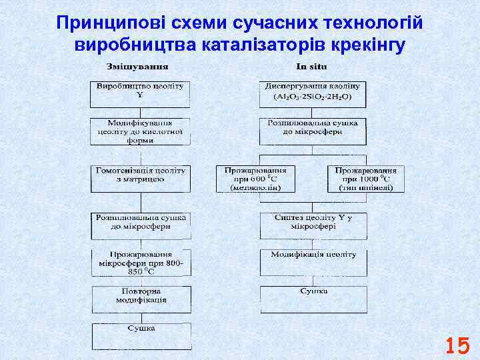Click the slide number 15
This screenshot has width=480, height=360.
coord(457,345)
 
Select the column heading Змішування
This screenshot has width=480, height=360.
coord(137,67)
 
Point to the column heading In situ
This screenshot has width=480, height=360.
coord(311,67)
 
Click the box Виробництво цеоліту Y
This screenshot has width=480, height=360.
coord(140,94)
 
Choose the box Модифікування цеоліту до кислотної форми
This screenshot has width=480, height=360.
coord(140,131)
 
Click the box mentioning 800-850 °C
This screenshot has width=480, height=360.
coord(140,263)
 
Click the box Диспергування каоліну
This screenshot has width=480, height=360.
coord(312,87)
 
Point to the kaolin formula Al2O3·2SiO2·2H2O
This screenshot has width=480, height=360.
coord(312,97)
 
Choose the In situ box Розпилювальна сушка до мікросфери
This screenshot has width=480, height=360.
coord(313,131)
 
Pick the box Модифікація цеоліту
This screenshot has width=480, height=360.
coord(313,263)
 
